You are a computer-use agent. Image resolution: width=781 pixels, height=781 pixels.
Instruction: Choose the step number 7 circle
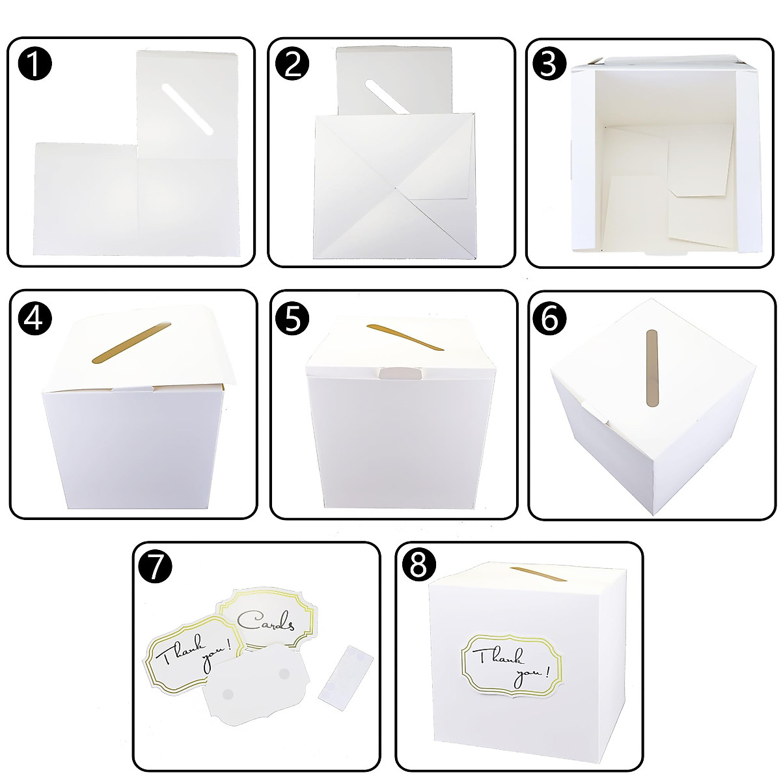coord(156,568)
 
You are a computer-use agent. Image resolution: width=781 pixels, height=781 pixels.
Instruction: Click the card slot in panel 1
coord(187,110)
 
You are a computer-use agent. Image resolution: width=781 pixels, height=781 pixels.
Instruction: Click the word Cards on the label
coord(265,622)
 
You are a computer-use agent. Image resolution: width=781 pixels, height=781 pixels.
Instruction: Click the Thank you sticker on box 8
coord(512,664)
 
